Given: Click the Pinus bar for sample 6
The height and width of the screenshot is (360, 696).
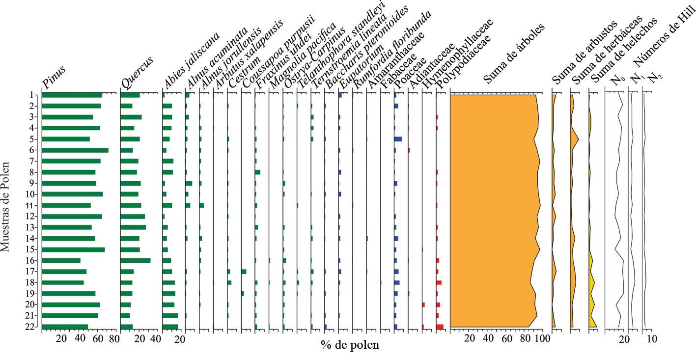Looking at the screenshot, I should pyautogui.click(x=75, y=150).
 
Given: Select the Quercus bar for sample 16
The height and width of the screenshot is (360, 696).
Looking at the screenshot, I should pyautogui.click(x=135, y=260).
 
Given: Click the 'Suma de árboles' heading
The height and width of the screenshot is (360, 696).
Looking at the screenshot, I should pyautogui.click(x=513, y=54).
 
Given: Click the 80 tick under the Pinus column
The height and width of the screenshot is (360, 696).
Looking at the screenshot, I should pyautogui.click(x=114, y=339).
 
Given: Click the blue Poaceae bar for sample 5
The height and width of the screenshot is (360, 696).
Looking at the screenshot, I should pyautogui.click(x=398, y=139).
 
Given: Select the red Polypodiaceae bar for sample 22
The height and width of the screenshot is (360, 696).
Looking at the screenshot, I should pyautogui.click(x=440, y=327).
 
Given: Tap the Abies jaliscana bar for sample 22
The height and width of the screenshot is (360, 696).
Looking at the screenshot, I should pyautogui.click(x=170, y=327).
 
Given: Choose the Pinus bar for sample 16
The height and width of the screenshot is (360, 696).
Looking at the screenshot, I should pyautogui.click(x=61, y=260).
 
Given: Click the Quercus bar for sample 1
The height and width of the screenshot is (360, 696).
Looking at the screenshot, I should pyautogui.click(x=130, y=95).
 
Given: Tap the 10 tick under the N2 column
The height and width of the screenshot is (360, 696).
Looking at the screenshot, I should pyautogui.click(x=651, y=339).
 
